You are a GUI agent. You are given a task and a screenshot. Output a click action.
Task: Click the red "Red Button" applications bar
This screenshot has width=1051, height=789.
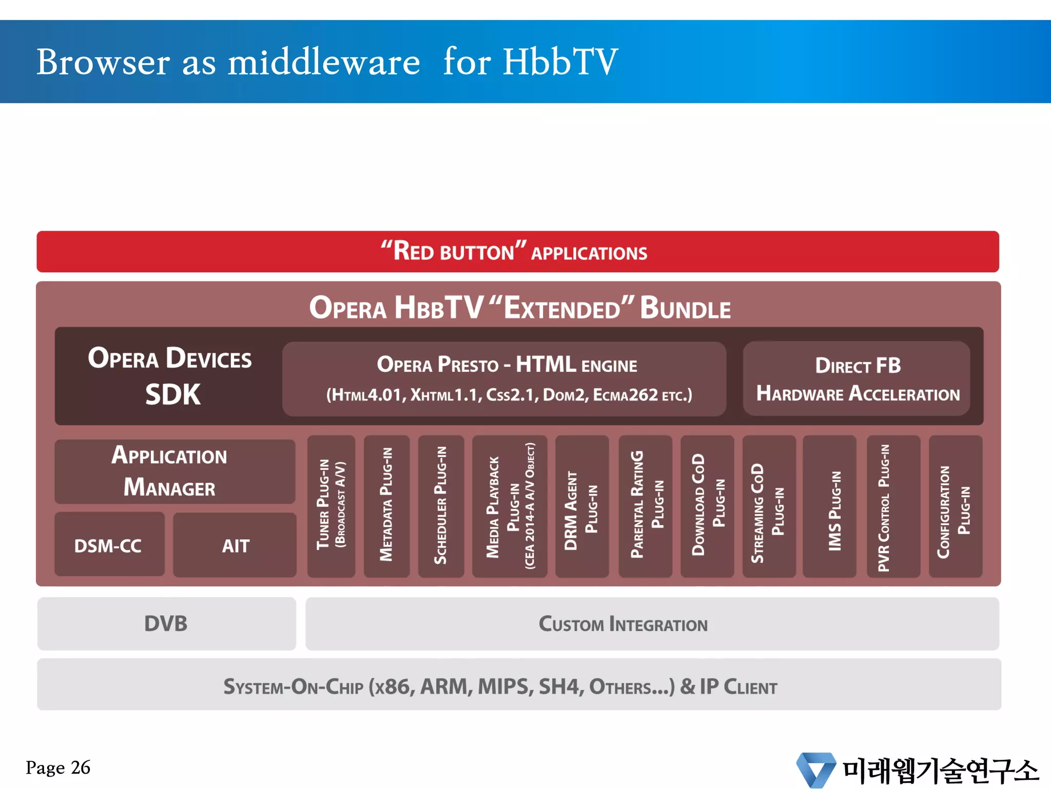(517, 252)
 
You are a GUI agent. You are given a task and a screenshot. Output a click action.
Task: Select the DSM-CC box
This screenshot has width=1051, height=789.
(109, 544)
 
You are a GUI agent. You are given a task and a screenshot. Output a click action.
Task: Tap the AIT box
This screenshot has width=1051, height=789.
(235, 545)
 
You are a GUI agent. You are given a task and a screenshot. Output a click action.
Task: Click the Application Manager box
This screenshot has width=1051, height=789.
(174, 472)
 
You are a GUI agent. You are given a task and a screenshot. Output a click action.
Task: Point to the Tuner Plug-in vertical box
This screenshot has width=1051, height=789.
(331, 506)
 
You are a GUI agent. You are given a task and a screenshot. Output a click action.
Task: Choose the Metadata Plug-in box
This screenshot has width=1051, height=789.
(386, 506)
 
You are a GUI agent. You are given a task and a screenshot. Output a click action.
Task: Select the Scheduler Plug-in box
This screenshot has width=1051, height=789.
(441, 506)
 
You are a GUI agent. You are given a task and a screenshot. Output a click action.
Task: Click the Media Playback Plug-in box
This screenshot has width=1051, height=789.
(510, 506)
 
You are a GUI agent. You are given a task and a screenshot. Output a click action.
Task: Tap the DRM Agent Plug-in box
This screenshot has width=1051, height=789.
(582, 506)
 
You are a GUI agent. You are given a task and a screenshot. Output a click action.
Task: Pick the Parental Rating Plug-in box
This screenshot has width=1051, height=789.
(645, 506)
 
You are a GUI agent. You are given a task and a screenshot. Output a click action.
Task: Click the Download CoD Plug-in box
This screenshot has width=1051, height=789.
(707, 506)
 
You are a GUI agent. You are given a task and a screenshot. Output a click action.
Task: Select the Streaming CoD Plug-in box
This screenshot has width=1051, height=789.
(769, 506)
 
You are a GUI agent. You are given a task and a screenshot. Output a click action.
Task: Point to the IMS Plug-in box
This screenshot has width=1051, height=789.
(829, 506)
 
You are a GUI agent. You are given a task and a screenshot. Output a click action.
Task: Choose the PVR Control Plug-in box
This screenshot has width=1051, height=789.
(893, 506)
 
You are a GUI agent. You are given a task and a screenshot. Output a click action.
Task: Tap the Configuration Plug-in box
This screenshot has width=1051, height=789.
(955, 506)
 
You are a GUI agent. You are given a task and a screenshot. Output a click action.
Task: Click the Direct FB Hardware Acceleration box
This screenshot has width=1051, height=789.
(857, 379)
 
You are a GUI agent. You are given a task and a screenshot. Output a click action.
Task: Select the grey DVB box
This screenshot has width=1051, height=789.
(166, 624)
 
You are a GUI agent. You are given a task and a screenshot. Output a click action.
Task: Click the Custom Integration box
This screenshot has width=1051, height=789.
(652, 624)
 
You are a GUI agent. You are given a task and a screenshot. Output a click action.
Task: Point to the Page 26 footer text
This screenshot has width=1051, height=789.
(58, 767)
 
